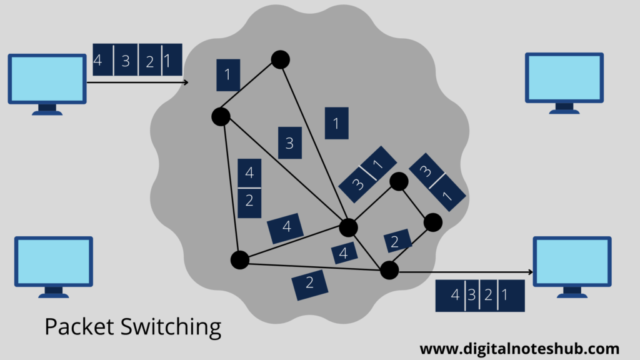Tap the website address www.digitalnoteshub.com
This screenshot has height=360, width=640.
tap(519, 349)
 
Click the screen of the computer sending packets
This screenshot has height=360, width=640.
tap(47, 79)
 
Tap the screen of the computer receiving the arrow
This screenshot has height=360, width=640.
tap(572, 261)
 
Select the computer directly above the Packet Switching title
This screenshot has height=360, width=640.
tap(54, 261)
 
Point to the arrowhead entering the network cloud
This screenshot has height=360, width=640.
tap(185, 82)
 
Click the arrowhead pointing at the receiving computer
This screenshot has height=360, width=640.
tap(530, 272)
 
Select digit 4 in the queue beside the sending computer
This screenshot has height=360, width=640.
tap(98, 61)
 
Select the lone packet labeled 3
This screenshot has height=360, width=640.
tap(289, 143)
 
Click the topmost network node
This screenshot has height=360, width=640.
tap(280, 59)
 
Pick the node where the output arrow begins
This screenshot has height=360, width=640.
tap(389, 270)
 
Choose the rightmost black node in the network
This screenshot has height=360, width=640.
tap(432, 222)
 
